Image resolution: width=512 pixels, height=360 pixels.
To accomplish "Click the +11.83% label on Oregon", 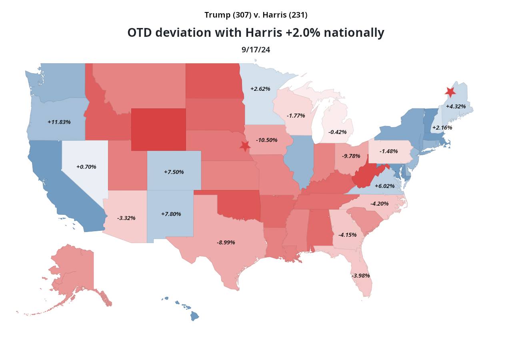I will pyautogui.click(x=59, y=122).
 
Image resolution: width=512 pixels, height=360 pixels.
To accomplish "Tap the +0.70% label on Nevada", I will pyautogui.click(x=86, y=166).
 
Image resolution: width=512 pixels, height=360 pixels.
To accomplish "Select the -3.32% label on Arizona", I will pyautogui.click(x=126, y=218).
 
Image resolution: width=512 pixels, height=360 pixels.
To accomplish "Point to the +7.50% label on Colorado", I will pyautogui.click(x=174, y=172).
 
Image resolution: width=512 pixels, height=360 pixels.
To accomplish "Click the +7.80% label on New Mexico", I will pyautogui.click(x=171, y=214).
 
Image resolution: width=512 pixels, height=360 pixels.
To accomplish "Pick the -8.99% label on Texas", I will pyautogui.click(x=226, y=242).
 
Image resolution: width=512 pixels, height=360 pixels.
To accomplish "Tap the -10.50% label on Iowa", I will pyautogui.click(x=266, y=140).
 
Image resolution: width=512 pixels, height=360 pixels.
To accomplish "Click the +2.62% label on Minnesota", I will pyautogui.click(x=260, y=89).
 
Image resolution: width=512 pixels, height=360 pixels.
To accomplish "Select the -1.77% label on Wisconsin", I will pyautogui.click(x=296, y=116).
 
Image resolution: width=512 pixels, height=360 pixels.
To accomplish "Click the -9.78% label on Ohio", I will pyautogui.click(x=351, y=156).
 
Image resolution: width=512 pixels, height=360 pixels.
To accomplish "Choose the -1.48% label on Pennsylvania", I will pyautogui.click(x=388, y=151).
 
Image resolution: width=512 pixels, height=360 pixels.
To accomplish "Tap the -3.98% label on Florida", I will pyautogui.click(x=360, y=276).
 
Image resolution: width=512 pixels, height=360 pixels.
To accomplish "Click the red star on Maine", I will pyautogui.click(x=450, y=92).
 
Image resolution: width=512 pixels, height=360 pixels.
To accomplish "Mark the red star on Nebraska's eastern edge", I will pyautogui.click(x=245, y=146).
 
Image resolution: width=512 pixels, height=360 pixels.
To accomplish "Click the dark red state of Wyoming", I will pyautogui.click(x=158, y=129).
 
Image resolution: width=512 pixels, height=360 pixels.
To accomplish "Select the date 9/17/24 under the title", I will pyautogui.click(x=256, y=50).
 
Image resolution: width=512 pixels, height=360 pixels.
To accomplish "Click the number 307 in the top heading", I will pyautogui.click(x=242, y=15).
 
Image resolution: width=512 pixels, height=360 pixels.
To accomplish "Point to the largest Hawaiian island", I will pyautogui.click(x=194, y=316).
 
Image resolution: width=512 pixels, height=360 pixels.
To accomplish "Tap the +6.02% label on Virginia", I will pyautogui.click(x=384, y=186).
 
